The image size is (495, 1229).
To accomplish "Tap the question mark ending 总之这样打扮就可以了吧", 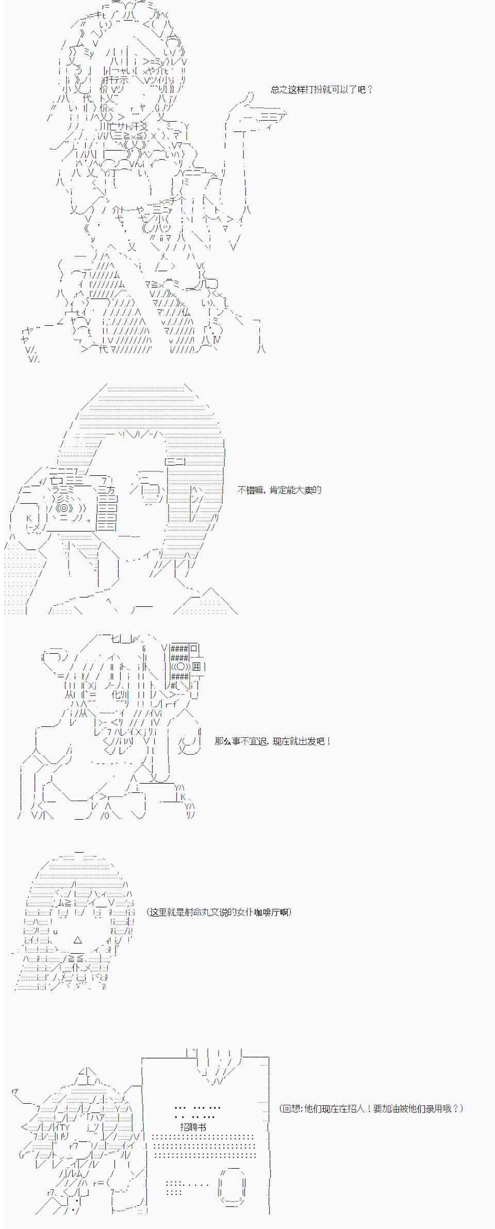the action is [370, 90].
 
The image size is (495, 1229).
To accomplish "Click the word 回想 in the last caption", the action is [292, 1108].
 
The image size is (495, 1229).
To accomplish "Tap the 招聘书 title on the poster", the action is [193, 1127].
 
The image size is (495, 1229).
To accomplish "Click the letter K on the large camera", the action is [29, 518].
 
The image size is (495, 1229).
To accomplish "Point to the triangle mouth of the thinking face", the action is [78, 940].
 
